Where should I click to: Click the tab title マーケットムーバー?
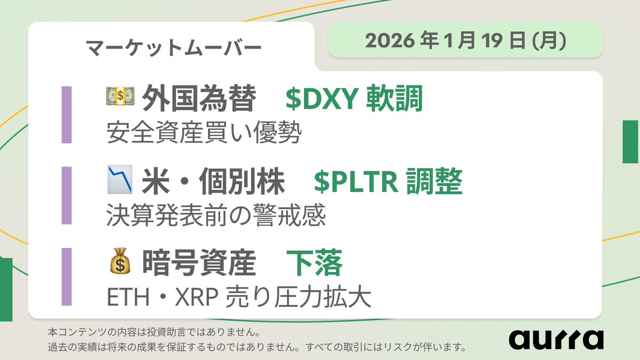(x=173, y=47)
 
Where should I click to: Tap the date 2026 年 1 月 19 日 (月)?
(x=465, y=41)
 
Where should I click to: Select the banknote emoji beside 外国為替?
(x=120, y=97)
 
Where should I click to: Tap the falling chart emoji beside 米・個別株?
(x=120, y=180)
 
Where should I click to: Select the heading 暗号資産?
(x=199, y=265)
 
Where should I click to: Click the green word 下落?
(x=314, y=265)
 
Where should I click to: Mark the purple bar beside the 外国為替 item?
(x=67, y=115)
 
